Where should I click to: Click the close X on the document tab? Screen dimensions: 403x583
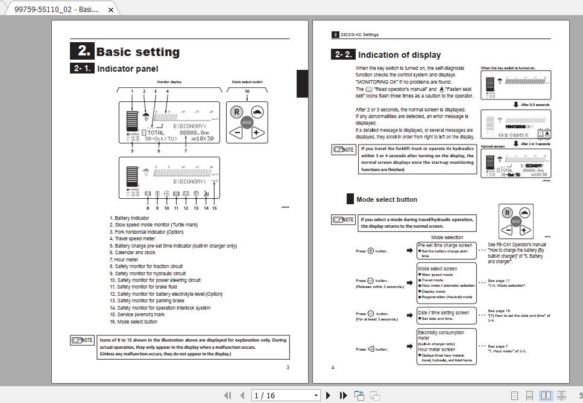pos(111,10)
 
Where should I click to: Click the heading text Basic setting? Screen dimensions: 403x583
pos(138,52)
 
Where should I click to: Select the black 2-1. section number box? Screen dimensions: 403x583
pos(82,69)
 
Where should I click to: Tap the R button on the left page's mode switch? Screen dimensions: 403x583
pos(237,112)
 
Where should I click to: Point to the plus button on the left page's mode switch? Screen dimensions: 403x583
pos(256,133)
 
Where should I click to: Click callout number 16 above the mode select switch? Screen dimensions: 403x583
pos(247,92)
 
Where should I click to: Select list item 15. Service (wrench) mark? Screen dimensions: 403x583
pos(137,314)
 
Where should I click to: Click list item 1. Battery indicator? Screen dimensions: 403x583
pos(129,218)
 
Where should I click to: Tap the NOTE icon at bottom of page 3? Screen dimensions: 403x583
pos(82,340)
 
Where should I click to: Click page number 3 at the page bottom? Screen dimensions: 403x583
pos(288,367)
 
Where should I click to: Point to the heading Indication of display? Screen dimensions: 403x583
pos(399,55)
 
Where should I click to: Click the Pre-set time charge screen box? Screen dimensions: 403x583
pos(445,245)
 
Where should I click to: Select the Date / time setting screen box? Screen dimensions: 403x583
pos(443,313)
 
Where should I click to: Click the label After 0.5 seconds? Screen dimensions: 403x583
pos(535,105)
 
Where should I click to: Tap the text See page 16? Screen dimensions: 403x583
pos(499,311)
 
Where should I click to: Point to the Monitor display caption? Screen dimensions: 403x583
pos(169,82)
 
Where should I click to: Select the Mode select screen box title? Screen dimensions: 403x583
pos(438,269)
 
